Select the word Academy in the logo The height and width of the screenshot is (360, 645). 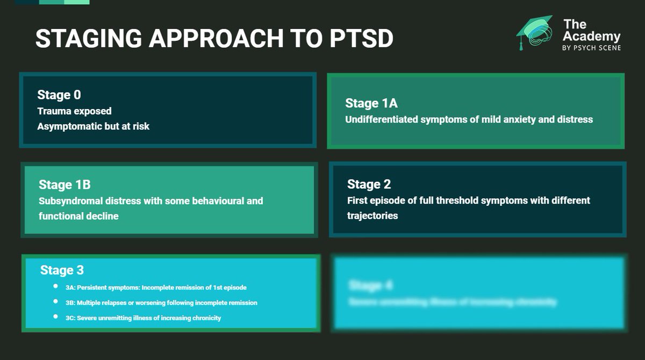coord(592,37)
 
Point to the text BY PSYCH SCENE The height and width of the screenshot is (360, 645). coord(591,48)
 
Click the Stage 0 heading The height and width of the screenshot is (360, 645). coord(59,95)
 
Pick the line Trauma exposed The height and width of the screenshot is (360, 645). coord(74,111)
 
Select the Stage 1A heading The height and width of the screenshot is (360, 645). coord(371,103)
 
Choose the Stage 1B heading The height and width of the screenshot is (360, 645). coord(64,185)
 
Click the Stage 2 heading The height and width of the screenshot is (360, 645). coord(369,184)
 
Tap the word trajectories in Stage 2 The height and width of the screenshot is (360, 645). coord(372,215)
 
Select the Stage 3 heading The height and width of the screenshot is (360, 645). coord(62,270)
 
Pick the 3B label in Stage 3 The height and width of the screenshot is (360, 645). coord(70,303)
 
